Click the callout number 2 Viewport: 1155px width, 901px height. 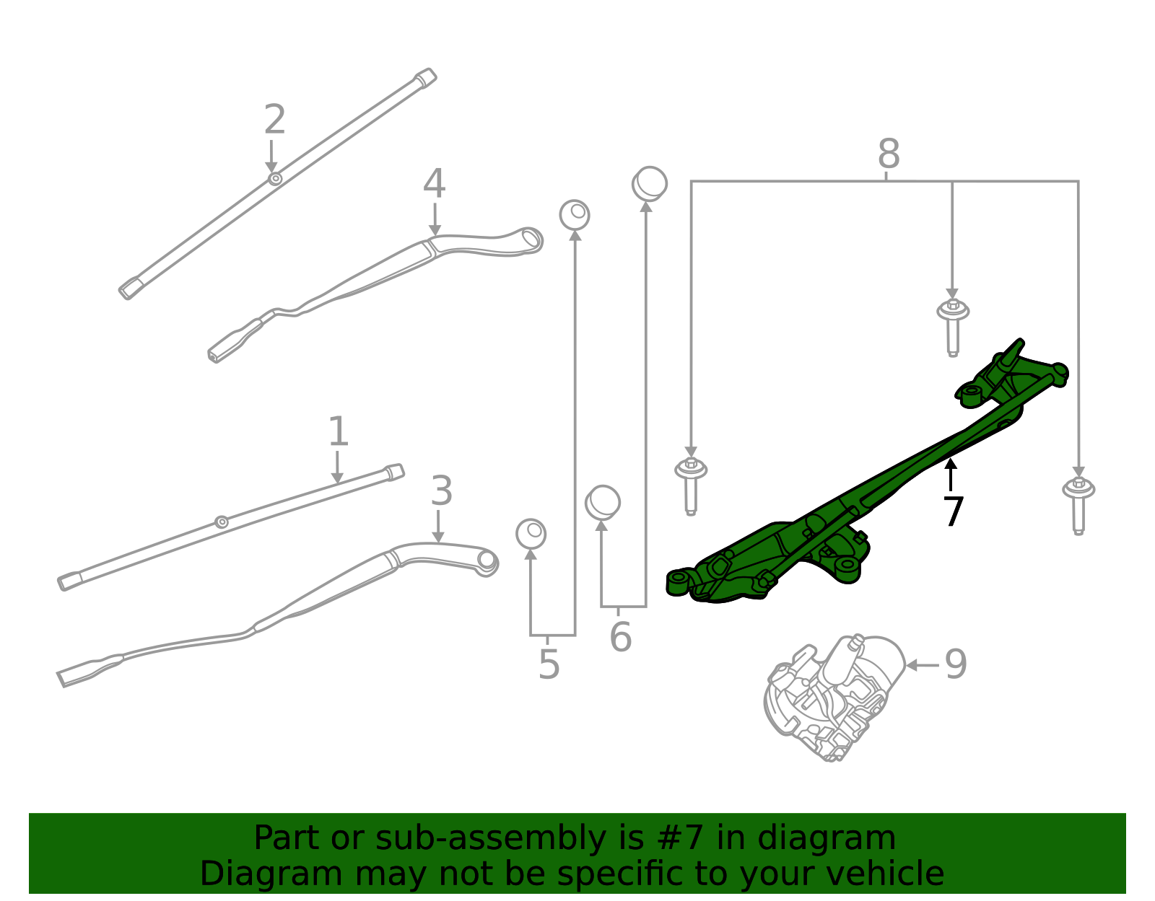coord(274,120)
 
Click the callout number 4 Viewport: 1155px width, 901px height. coord(434,184)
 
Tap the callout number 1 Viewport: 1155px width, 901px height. coord(338,432)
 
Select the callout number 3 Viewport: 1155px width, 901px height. coord(441,491)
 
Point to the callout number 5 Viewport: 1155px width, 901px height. coord(549,664)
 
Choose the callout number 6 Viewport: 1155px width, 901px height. coord(620,636)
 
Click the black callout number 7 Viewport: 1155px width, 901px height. coord(953,511)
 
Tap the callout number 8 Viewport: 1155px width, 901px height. coord(889,154)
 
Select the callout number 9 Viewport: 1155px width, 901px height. coord(956,664)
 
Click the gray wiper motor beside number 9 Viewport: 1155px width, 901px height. coord(834,696)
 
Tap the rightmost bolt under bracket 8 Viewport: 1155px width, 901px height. coord(1078,504)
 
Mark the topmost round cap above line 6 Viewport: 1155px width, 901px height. coord(650,184)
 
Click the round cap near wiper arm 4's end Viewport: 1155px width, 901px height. coord(575,215)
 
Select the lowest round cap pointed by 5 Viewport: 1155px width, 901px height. coord(531,534)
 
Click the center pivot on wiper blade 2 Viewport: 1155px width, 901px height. coord(275,178)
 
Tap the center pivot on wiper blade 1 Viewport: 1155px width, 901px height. coord(222,522)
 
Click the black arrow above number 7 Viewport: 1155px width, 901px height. coord(951,473)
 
